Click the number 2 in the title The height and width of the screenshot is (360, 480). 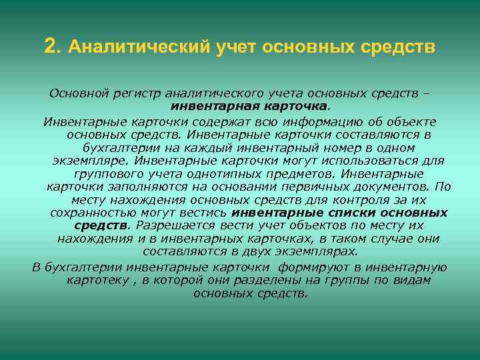[50, 47]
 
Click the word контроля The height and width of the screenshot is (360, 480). [350, 200]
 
